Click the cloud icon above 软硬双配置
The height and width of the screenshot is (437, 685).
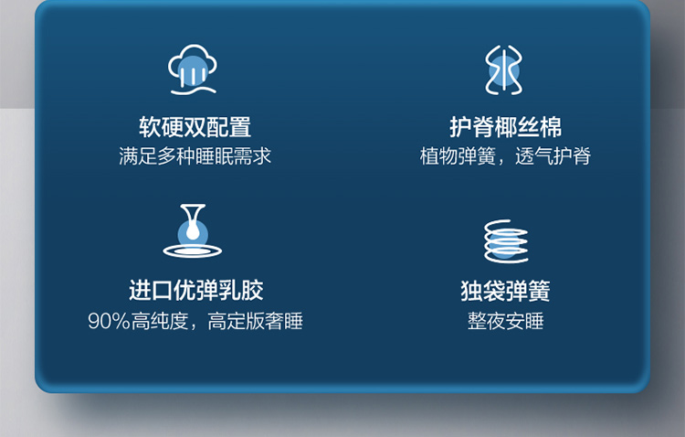(x=193, y=69)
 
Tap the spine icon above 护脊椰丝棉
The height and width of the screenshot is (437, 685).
(x=504, y=70)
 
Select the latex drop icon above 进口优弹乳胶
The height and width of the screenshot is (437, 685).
(x=193, y=230)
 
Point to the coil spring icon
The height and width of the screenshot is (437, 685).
(x=506, y=241)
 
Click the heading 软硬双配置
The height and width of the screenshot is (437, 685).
(x=195, y=127)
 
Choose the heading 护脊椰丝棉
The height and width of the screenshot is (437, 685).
(x=505, y=127)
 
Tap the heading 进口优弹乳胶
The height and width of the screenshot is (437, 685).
(x=195, y=291)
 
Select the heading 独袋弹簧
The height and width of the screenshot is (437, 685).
(x=505, y=291)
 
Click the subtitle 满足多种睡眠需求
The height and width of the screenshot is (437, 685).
(x=195, y=156)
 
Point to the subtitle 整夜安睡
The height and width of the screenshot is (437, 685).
(x=505, y=321)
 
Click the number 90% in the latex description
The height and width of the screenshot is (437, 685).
(x=110, y=321)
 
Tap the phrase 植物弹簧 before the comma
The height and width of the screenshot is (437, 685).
(x=458, y=156)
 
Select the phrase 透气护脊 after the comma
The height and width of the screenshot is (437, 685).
(x=553, y=156)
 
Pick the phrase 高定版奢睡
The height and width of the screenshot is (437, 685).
(x=255, y=321)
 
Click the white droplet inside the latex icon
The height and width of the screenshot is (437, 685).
(x=193, y=230)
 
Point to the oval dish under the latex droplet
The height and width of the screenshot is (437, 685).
(x=193, y=250)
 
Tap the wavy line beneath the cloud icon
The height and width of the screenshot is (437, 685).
(x=193, y=91)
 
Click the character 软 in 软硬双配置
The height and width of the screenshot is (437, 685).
(x=150, y=127)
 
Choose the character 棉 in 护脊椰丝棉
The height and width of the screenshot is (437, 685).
(x=551, y=127)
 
